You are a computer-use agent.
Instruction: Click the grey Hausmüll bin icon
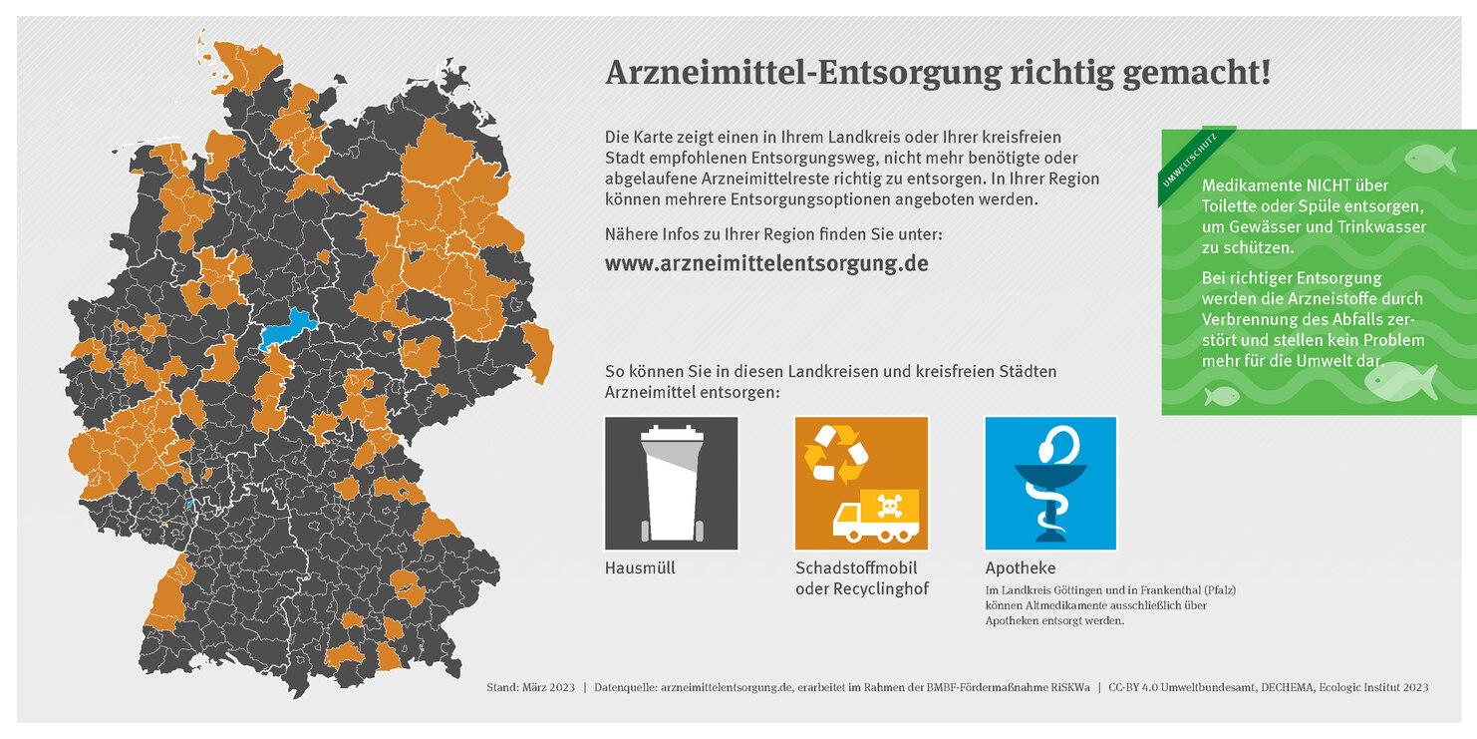(x=671, y=483)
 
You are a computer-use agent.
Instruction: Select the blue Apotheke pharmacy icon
(x=1050, y=483)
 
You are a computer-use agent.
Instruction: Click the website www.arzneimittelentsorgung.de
(x=766, y=264)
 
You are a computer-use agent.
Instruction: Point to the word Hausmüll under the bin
(x=639, y=568)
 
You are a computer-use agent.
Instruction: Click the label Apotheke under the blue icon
(x=1020, y=568)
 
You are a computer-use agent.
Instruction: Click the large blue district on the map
(x=284, y=329)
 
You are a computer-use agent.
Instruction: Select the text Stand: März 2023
(x=530, y=688)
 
